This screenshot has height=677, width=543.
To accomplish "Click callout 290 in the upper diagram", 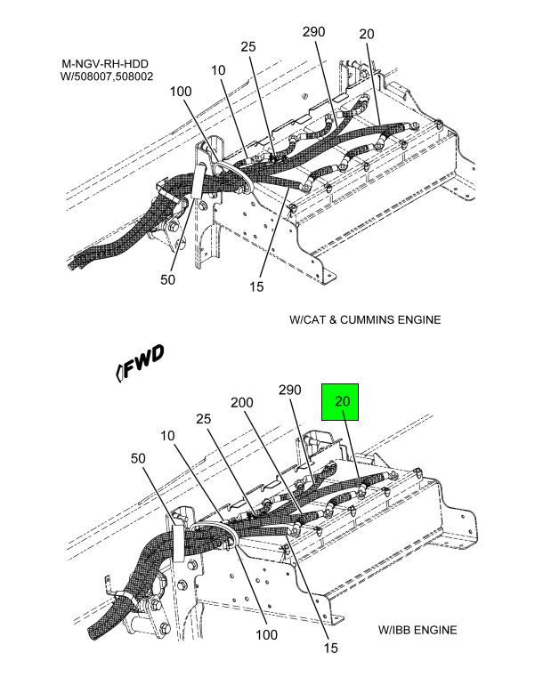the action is click(313, 31).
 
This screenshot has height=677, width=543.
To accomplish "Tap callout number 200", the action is click(242, 402).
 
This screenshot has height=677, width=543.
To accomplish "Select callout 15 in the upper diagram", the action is click(256, 286).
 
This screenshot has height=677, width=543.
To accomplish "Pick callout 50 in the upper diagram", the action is click(167, 279).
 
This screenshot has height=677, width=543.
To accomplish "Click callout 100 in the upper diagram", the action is click(181, 91).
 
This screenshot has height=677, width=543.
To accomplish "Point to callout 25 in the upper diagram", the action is click(248, 46).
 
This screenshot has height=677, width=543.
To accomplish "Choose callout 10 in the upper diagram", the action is click(218, 70).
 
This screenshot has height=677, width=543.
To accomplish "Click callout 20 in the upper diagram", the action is click(367, 34).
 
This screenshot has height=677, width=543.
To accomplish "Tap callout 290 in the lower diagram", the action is click(289, 390).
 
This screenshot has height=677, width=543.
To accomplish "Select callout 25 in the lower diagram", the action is click(204, 419).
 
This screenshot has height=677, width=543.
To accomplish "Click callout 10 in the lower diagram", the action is click(167, 436).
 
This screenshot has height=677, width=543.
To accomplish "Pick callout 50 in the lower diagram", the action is click(138, 458).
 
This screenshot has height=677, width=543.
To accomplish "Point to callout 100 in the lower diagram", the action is click(266, 634).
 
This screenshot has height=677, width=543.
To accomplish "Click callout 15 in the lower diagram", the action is click(330, 648).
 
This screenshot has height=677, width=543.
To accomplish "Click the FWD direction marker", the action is click(141, 362).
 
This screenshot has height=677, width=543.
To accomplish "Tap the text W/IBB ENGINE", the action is click(417, 630).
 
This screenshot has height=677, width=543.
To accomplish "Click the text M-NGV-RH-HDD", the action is click(105, 64).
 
